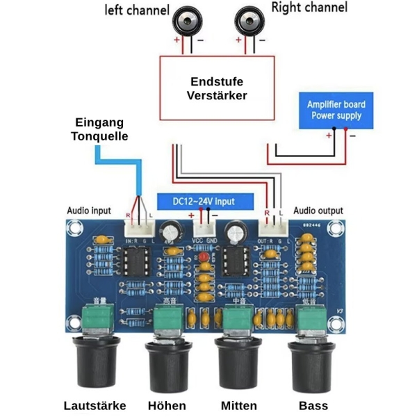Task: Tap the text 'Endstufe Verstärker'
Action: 217,88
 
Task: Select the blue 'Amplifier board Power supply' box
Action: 336,110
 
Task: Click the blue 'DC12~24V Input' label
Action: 204,201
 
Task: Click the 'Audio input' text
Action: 88,211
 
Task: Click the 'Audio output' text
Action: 318,211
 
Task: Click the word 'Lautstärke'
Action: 94,405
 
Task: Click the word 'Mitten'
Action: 238,405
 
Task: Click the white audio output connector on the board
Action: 272,227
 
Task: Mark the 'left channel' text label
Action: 136,10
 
